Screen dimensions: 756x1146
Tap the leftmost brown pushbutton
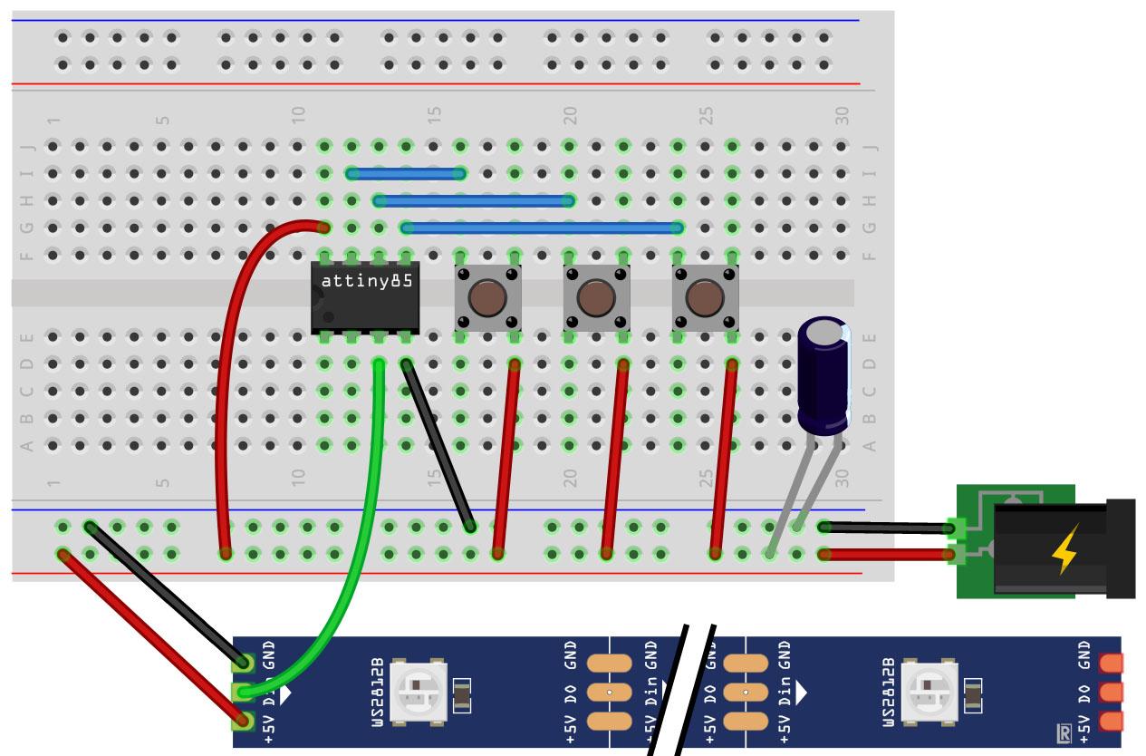[487, 297]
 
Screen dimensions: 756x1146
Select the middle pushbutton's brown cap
[596, 297]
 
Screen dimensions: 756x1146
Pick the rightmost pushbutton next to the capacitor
[705, 297]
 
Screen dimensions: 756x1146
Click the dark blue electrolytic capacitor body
[823, 372]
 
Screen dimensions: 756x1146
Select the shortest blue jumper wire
[406, 173]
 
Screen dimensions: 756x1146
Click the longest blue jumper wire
[542, 228]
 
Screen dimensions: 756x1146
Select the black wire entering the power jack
[888, 527]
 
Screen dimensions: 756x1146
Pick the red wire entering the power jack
[888, 554]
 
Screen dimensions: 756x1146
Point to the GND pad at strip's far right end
[1110, 664]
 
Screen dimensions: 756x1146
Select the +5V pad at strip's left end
[243, 722]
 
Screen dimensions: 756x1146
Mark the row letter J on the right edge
[872, 147]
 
